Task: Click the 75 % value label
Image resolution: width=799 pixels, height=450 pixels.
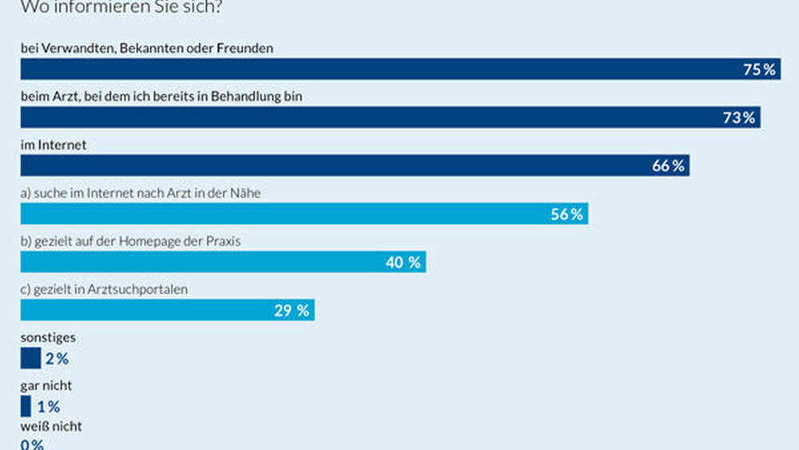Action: click(759, 70)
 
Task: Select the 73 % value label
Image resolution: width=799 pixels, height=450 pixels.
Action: click(739, 117)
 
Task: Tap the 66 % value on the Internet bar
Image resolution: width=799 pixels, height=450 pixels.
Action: click(668, 166)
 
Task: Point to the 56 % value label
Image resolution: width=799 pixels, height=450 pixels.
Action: click(567, 214)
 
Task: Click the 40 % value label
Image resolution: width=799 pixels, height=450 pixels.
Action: click(403, 262)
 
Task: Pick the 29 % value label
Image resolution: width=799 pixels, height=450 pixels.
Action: click(292, 311)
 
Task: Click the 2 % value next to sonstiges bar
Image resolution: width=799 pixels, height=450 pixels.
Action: click(57, 359)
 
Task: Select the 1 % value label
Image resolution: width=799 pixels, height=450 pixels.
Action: click(48, 407)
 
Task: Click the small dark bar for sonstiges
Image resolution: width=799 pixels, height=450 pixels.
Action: click(30, 358)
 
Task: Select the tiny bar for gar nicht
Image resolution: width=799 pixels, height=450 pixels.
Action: click(26, 406)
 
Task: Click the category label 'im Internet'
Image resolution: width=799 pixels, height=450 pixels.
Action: click(53, 145)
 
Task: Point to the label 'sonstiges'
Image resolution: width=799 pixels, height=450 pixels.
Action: click(48, 338)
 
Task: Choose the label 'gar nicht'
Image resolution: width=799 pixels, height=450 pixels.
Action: click(46, 386)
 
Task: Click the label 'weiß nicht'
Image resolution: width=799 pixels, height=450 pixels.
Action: click(51, 427)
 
